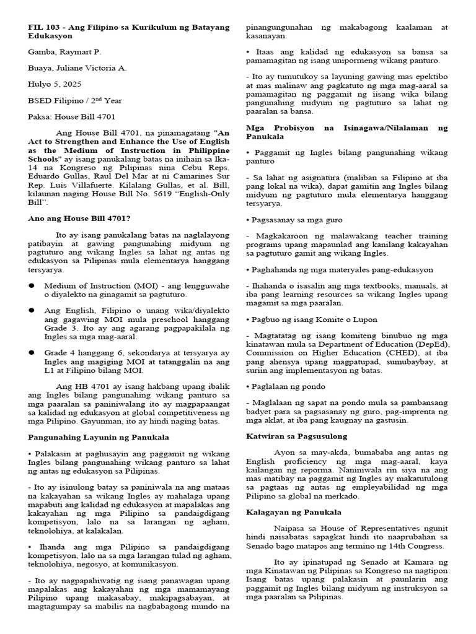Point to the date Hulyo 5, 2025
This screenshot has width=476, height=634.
click(x=54, y=83)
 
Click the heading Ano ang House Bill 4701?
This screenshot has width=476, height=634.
click(x=79, y=218)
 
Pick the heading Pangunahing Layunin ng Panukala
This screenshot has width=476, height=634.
click(x=99, y=437)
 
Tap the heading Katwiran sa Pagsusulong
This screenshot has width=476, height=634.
click(x=296, y=436)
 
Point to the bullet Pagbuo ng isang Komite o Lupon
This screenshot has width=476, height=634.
click(x=307, y=319)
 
